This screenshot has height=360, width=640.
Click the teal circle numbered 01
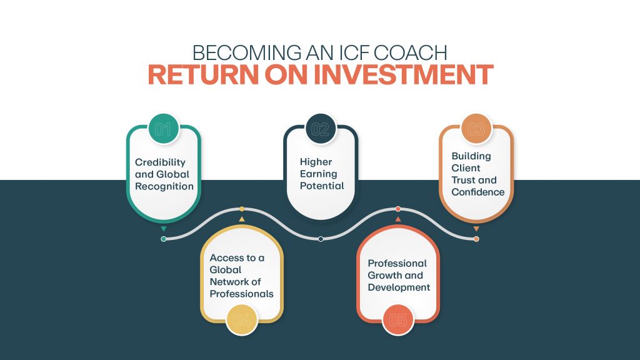[x=163, y=129]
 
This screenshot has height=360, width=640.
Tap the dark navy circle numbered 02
[x=321, y=129]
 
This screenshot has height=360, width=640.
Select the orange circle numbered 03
[x=476, y=129]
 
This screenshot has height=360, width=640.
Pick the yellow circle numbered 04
[x=242, y=320]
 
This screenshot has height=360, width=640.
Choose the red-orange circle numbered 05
[x=398, y=320]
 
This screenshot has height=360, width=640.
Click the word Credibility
[x=160, y=162]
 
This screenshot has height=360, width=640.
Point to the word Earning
[x=318, y=174]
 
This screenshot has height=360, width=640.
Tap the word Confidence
[x=478, y=192]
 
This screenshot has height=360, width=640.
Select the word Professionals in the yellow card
[x=242, y=294]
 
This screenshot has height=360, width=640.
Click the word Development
[x=399, y=287]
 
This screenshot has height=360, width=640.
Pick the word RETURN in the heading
[x=203, y=74]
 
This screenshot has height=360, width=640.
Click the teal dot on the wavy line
[x=164, y=239]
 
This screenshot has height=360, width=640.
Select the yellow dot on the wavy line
[x=242, y=209]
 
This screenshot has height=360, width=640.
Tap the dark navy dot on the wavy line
[x=321, y=239]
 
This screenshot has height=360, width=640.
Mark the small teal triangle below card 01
[x=164, y=229]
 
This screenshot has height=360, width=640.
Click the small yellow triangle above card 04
[x=242, y=219]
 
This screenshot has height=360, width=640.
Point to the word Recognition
[x=164, y=186]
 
